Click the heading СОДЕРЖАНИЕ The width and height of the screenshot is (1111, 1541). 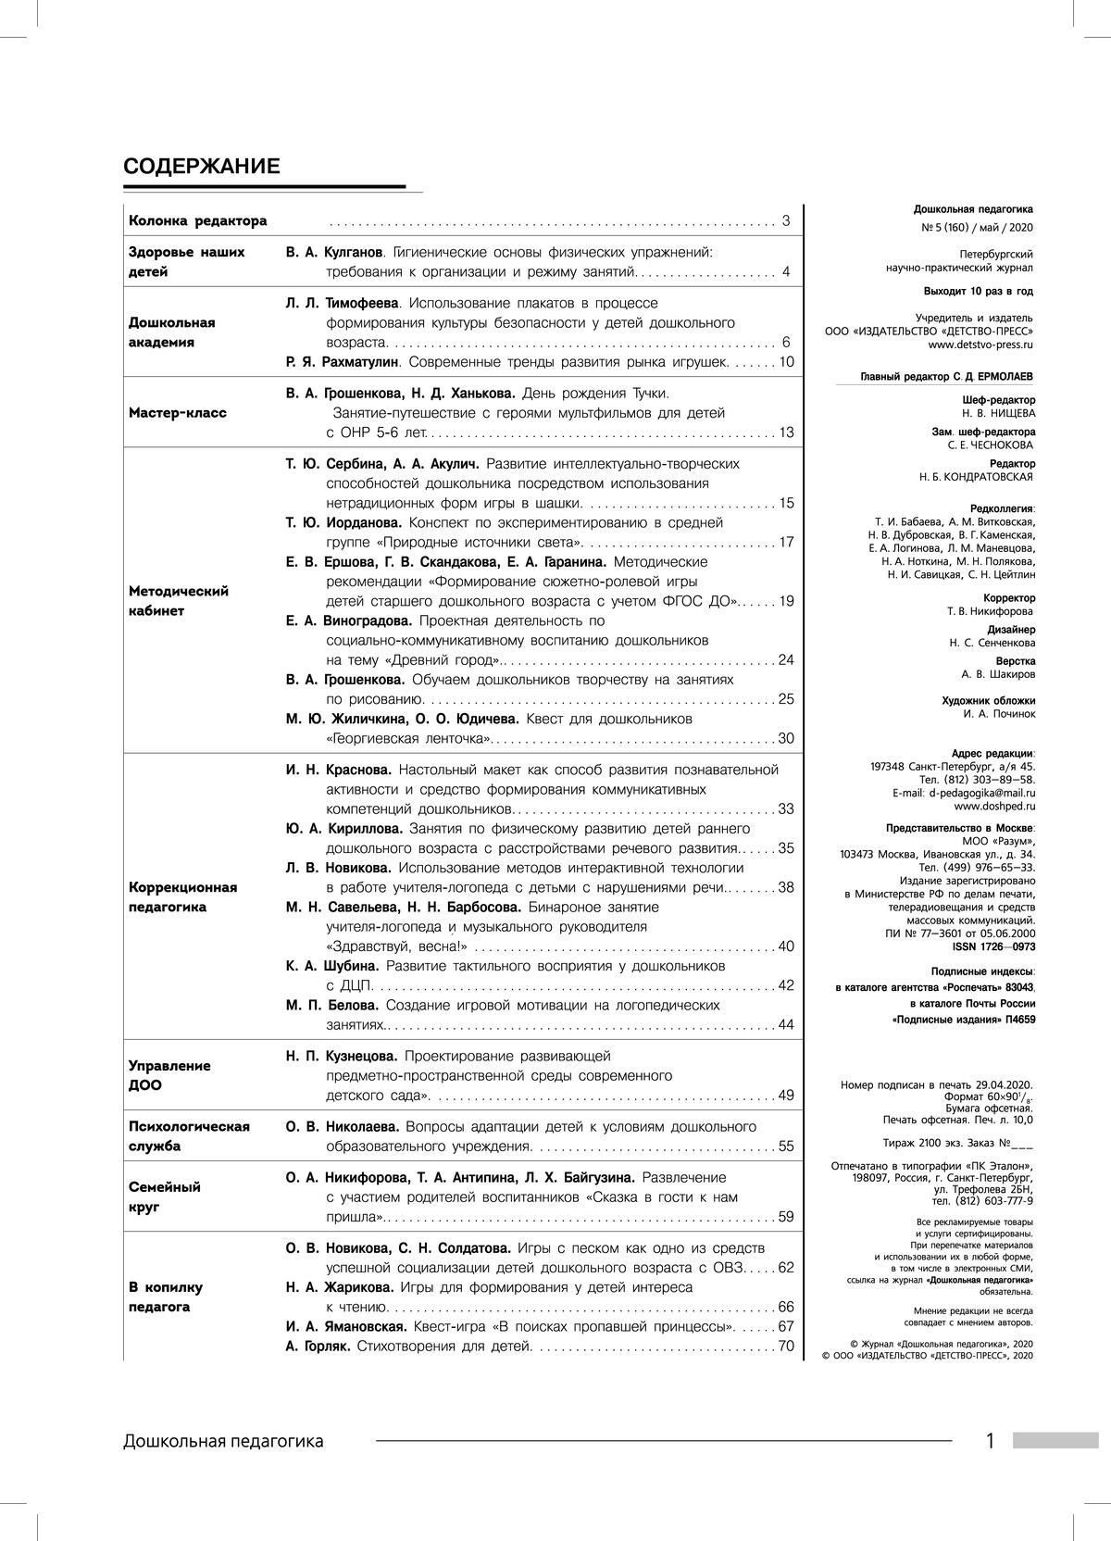point(201,167)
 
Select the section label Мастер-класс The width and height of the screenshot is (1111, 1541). point(178,413)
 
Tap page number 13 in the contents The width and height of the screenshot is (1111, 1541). point(786,432)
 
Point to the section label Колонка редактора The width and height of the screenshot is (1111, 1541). point(197,221)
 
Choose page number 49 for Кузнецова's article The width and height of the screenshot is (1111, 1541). point(786,1096)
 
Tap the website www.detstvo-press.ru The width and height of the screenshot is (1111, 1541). point(980,345)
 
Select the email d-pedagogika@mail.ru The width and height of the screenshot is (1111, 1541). point(982,793)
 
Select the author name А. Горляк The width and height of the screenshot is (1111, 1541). point(318,1346)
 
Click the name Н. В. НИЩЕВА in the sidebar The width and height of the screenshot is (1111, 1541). point(999,413)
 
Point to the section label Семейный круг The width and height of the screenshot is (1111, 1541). point(165,1197)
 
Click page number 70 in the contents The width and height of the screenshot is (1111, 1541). point(786,1346)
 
